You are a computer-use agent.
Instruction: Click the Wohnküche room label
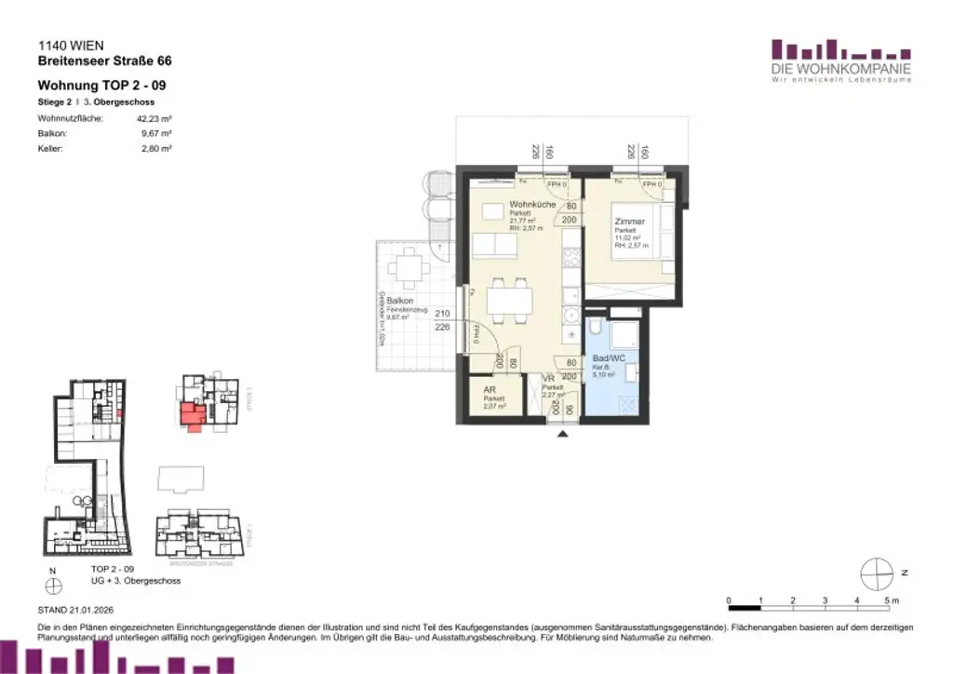point(532,205)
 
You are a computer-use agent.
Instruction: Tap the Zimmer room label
point(629,222)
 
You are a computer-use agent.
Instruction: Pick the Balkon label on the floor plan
point(400,302)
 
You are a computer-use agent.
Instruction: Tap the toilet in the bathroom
point(596,330)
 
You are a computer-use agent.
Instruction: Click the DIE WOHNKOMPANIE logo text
point(840,69)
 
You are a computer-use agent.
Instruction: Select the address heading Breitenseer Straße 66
point(104,61)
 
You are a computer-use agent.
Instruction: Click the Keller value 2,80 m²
point(155,148)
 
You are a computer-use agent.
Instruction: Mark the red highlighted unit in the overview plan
point(191,413)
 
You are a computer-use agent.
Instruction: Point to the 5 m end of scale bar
point(887,601)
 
